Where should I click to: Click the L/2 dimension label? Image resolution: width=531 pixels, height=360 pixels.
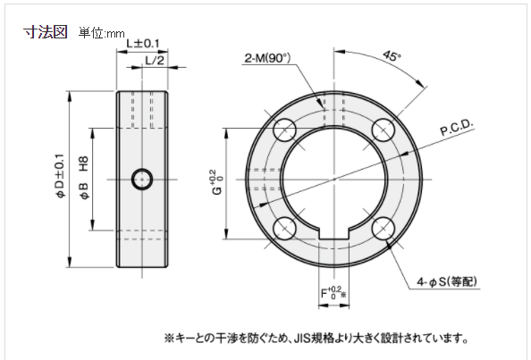154,60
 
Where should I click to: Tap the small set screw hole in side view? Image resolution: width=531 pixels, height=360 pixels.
141,179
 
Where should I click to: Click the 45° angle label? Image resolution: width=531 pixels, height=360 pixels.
391,55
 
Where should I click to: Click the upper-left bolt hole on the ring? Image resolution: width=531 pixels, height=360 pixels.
286,128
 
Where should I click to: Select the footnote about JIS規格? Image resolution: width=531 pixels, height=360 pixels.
315,339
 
